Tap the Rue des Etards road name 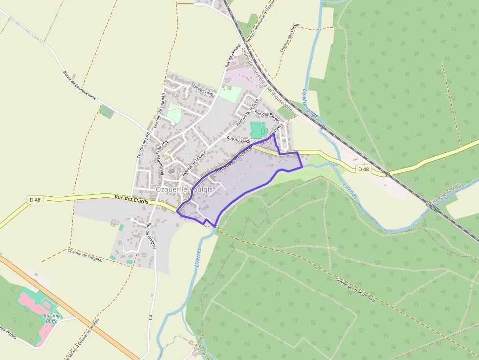131,198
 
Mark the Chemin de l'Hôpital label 86,255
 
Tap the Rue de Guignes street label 151,236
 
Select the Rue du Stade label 239,140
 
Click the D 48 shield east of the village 363,169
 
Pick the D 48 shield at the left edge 34,199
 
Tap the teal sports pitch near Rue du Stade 256,130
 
